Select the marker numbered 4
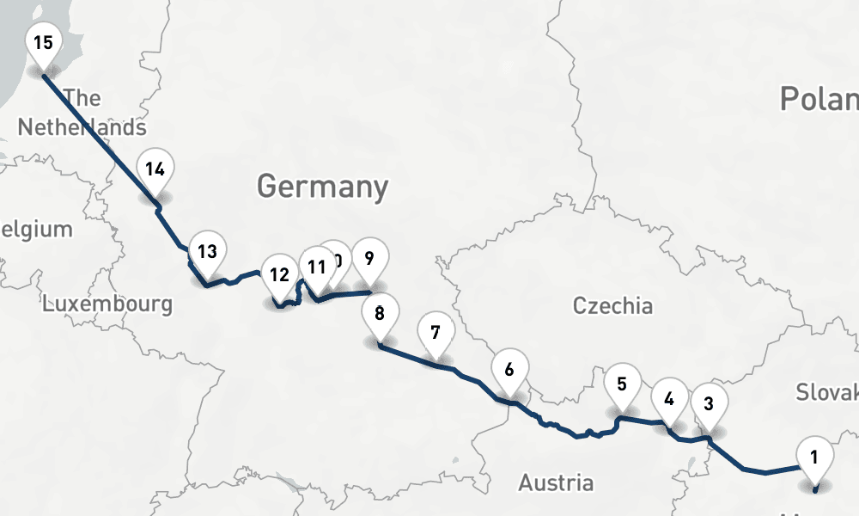[669, 400]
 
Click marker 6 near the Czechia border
[509, 371]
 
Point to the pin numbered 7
[436, 332]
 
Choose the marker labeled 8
[380, 313]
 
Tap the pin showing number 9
[369, 258]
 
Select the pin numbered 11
[317, 267]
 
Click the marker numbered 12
[278, 276]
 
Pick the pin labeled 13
[206, 253]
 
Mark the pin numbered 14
[155, 169]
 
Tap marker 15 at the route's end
[44, 42]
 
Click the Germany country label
[322, 187]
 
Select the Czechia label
[612, 305]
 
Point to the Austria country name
[555, 482]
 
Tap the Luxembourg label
[107, 304]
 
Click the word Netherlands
[82, 127]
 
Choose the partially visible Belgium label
[36, 230]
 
